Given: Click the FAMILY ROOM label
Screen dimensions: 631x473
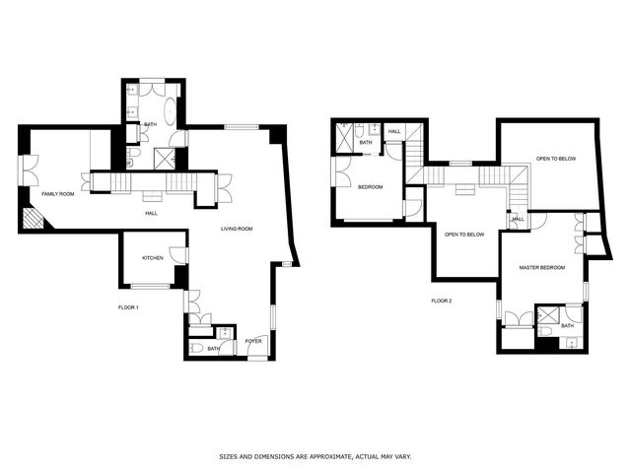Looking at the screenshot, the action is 58,194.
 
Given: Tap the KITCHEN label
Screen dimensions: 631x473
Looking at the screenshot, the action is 153,258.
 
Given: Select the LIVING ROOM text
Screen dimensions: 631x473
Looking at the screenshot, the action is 237,229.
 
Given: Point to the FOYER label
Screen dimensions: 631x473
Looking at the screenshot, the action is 253,341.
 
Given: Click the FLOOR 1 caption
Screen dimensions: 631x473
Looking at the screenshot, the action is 128,307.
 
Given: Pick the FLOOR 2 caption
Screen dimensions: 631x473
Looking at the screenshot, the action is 442,301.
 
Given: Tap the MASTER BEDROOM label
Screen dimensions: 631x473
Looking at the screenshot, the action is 541,267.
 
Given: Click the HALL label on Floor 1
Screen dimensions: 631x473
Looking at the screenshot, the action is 151,213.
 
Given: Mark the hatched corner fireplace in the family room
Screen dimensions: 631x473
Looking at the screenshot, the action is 35,218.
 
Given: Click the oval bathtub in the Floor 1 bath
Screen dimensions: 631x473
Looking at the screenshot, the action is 170,109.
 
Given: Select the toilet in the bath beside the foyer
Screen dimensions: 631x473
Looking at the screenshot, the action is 196,348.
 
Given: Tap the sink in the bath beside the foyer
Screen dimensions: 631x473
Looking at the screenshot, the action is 224,333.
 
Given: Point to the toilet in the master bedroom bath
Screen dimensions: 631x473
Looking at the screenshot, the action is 544,331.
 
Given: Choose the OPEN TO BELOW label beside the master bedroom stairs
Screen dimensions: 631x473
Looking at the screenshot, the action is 464,235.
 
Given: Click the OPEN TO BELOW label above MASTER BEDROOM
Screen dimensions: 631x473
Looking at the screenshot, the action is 556,159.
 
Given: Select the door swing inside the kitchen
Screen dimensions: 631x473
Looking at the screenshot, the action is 178,255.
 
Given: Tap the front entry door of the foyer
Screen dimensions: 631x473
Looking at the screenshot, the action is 257,347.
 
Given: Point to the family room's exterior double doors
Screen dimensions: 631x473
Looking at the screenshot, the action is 29,170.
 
